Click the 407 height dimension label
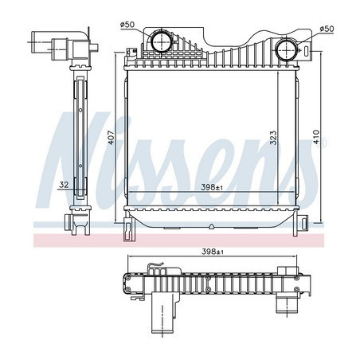coord(112,138)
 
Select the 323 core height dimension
coord(273,138)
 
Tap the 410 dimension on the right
coord(316,137)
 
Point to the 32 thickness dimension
coord(64,185)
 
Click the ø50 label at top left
coord(127,25)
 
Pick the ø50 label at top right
coord(327,29)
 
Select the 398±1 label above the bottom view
coord(212,252)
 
